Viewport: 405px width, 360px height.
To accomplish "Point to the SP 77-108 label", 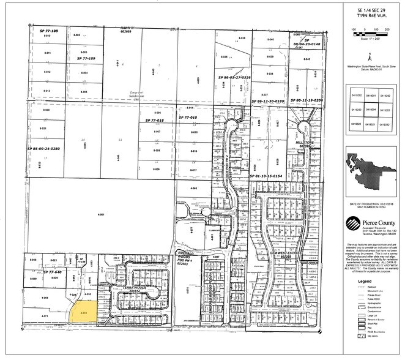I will pos(46,31).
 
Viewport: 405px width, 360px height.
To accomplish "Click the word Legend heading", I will pos(366,282).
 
